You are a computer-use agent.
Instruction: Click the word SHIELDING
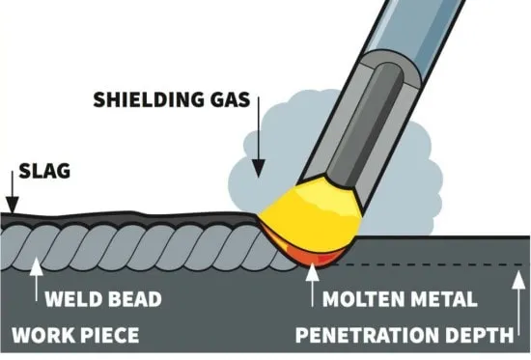click(x=145, y=99)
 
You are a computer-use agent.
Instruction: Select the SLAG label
click(x=44, y=171)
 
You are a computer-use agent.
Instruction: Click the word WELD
click(x=71, y=299)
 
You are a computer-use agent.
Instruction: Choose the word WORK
click(x=42, y=335)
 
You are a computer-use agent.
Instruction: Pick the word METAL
click(x=440, y=299)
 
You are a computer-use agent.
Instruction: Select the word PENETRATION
click(x=367, y=335)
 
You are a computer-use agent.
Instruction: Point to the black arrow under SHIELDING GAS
click(x=259, y=137)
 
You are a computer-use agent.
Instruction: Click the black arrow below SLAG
click(x=13, y=192)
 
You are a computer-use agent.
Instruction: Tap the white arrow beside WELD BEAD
click(x=37, y=279)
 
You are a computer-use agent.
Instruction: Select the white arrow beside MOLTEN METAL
click(x=312, y=284)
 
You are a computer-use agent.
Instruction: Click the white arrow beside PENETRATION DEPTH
click(x=518, y=303)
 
